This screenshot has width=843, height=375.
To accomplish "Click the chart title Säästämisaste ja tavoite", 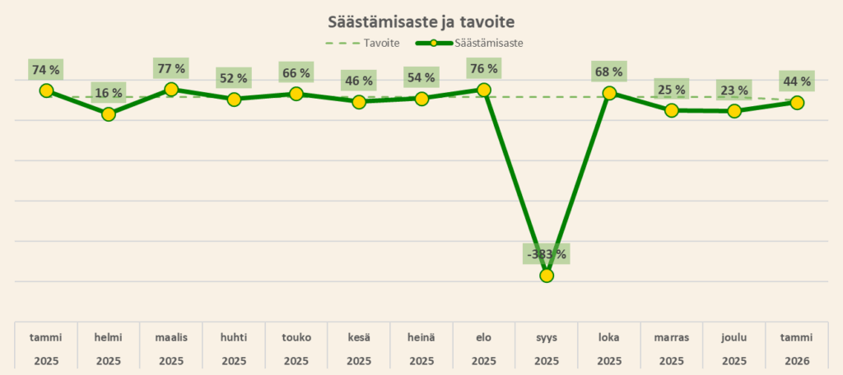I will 421,21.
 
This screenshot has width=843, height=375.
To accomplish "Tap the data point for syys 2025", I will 547,275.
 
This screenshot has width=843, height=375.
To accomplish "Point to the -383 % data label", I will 547,254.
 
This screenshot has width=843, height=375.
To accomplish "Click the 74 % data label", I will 46,70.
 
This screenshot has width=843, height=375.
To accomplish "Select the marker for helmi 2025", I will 109,114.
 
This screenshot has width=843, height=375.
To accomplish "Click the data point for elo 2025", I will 484,90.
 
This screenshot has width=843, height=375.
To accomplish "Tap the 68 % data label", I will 609,72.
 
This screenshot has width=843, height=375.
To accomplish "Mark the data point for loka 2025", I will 609,94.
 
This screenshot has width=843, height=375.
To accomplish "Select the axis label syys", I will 547,337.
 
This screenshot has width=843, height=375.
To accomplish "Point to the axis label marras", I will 672,337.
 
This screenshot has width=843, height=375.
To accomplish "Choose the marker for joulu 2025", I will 734,111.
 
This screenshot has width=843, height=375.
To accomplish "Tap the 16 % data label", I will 109,93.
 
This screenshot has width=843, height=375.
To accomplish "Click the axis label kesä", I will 359,337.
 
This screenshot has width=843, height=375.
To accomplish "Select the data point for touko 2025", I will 296,94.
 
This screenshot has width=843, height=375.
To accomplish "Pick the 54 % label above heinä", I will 421,78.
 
